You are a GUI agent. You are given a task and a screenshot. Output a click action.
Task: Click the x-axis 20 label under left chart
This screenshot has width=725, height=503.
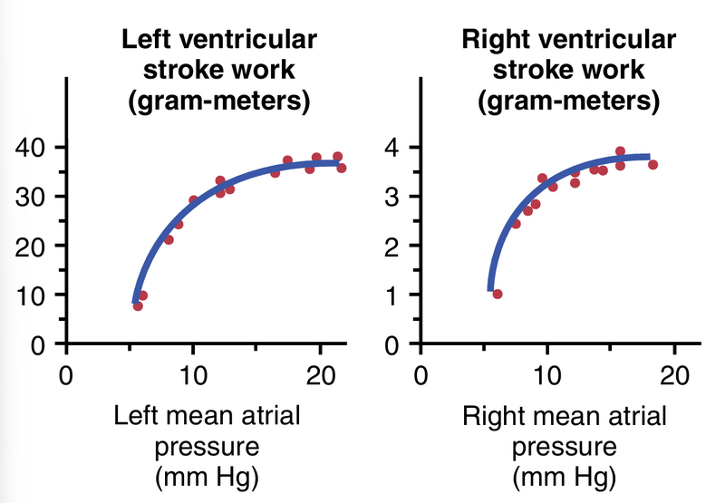pyautogui.click(x=319, y=376)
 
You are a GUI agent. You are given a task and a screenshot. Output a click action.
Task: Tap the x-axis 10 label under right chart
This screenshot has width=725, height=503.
pyautogui.click(x=546, y=376)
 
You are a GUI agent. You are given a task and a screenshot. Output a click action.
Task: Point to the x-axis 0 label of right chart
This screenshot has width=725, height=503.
pyautogui.click(x=419, y=376)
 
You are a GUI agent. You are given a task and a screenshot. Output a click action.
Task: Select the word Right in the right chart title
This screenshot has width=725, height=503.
pyautogui.click(x=493, y=41)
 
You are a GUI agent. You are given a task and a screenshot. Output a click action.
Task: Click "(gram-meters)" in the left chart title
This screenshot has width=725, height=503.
pyautogui.click(x=218, y=102)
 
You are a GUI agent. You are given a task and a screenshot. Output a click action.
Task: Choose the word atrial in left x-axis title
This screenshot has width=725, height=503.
pyautogui.click(x=270, y=418)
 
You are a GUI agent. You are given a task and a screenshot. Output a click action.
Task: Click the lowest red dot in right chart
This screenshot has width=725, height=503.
pyautogui.click(x=497, y=294)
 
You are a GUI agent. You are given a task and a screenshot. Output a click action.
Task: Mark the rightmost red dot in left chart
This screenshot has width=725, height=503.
pyautogui.click(x=341, y=168)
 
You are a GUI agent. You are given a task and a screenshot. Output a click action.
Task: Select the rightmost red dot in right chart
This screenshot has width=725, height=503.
pyautogui.click(x=652, y=164)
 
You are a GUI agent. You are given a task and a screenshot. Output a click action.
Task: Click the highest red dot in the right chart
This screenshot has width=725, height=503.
pyautogui.click(x=620, y=151)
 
